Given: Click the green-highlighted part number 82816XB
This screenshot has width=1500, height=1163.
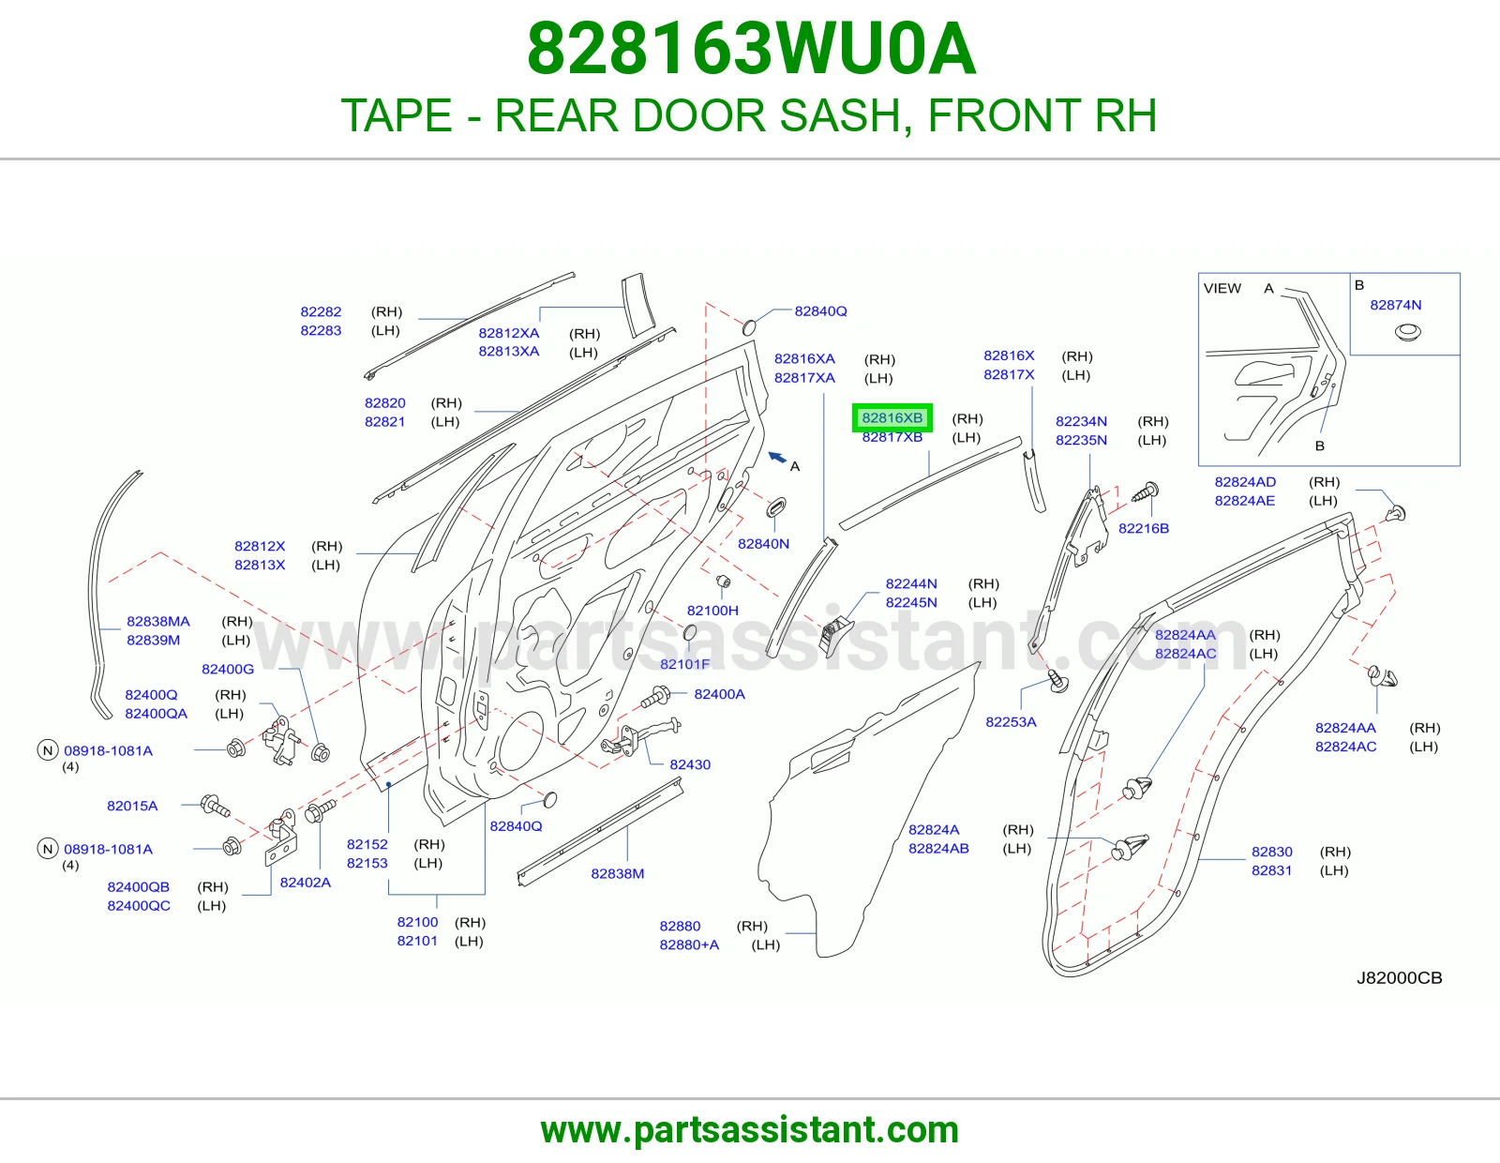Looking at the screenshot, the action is [x=892, y=417].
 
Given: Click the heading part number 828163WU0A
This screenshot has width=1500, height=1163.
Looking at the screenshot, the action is [x=751, y=49].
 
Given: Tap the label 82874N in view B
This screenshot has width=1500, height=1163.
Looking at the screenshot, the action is [x=1395, y=305].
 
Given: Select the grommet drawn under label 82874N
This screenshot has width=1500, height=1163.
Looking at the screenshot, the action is [x=1407, y=333].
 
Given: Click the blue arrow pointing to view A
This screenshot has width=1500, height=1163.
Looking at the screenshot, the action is [x=777, y=457].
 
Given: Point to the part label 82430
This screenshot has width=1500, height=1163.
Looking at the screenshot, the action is [x=690, y=764].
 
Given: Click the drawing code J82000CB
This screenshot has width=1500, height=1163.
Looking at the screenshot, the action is [x=1399, y=978].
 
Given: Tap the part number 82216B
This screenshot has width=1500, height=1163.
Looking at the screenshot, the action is [x=1143, y=528].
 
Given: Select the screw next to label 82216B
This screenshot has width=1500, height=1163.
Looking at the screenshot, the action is [x=1146, y=492].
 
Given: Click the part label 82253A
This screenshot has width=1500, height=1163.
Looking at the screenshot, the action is [x=1011, y=721].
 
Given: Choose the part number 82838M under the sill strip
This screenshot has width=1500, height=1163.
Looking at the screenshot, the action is [x=617, y=873].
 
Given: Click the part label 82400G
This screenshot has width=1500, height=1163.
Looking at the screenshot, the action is [x=228, y=669].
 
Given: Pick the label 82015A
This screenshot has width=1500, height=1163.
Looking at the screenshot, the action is [x=132, y=806].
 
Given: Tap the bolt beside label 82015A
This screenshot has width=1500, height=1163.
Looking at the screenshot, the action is [x=215, y=806].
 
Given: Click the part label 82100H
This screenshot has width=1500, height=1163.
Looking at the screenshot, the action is [x=712, y=611].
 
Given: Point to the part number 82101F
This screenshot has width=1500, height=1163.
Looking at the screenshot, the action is [x=684, y=664].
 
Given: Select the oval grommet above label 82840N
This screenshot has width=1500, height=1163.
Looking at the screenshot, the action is [x=776, y=506].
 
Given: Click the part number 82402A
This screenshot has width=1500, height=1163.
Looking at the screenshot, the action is [x=305, y=882].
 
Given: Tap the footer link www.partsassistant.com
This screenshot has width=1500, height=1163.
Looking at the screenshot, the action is [x=750, y=1130].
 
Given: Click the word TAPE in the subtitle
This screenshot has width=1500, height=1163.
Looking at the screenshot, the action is [x=397, y=115].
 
